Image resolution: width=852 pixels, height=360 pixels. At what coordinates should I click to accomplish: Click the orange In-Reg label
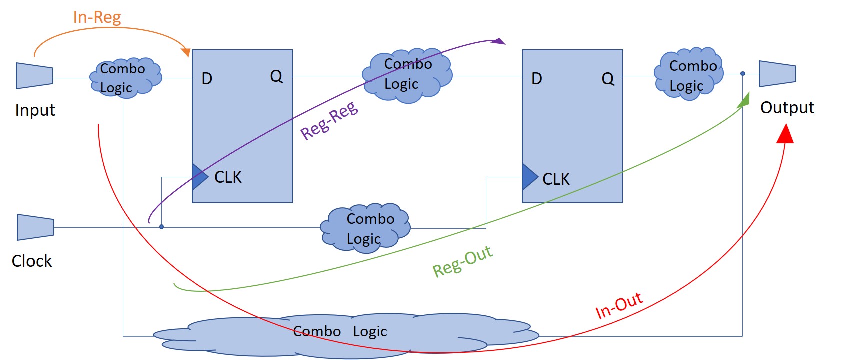(x=97, y=17)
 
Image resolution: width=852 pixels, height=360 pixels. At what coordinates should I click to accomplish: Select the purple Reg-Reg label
(x=329, y=121)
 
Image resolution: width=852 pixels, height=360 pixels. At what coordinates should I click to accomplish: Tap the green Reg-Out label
(x=462, y=262)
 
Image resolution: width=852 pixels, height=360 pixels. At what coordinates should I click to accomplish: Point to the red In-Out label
(x=619, y=306)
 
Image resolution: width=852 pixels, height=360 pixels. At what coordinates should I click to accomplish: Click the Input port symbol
(x=34, y=76)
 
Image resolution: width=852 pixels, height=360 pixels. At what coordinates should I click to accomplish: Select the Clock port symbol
(x=35, y=227)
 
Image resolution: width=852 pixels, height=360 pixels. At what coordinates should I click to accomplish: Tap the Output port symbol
(x=777, y=74)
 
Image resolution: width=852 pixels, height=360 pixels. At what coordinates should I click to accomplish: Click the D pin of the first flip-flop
(x=207, y=79)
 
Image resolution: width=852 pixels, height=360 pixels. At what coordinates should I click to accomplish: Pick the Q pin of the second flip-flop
(x=608, y=79)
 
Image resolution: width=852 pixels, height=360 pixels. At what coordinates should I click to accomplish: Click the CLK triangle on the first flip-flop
(x=199, y=176)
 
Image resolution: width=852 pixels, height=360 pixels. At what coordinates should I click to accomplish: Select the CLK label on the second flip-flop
(x=556, y=179)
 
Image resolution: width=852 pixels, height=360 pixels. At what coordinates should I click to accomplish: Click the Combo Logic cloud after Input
(x=125, y=78)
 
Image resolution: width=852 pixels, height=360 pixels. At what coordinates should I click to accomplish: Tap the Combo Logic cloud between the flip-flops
(x=407, y=75)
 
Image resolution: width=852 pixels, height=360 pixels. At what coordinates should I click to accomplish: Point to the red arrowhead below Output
(x=785, y=134)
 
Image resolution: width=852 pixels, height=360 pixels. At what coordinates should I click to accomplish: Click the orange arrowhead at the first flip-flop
(x=186, y=51)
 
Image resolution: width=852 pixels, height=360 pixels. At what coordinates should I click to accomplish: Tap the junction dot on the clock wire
(x=161, y=227)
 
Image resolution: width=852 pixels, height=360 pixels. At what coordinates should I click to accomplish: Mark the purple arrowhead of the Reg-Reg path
(x=498, y=41)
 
